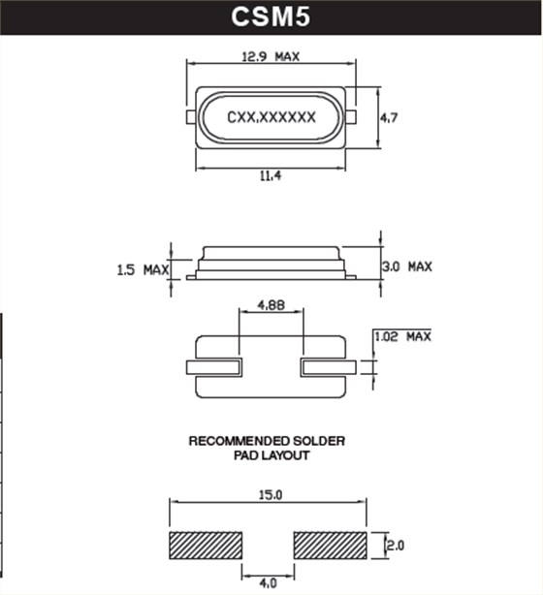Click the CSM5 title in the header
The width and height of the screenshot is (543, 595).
(271, 16)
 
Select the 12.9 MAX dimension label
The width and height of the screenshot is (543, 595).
(271, 56)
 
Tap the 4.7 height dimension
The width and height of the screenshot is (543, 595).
(388, 117)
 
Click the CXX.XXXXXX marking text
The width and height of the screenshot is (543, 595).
(271, 117)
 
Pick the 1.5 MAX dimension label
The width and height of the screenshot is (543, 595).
(142, 268)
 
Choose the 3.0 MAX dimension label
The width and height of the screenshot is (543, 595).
(406, 266)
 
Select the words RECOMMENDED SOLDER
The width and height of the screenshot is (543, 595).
(266, 441)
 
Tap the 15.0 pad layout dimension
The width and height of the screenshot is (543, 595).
(269, 495)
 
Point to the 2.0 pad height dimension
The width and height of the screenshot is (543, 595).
(395, 546)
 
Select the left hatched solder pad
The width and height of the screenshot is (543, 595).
(206, 546)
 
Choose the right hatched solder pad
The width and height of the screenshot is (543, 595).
(330, 546)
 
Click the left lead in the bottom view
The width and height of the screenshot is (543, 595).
(212, 367)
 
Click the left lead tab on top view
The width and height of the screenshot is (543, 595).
(191, 117)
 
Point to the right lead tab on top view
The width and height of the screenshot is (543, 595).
(351, 117)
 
